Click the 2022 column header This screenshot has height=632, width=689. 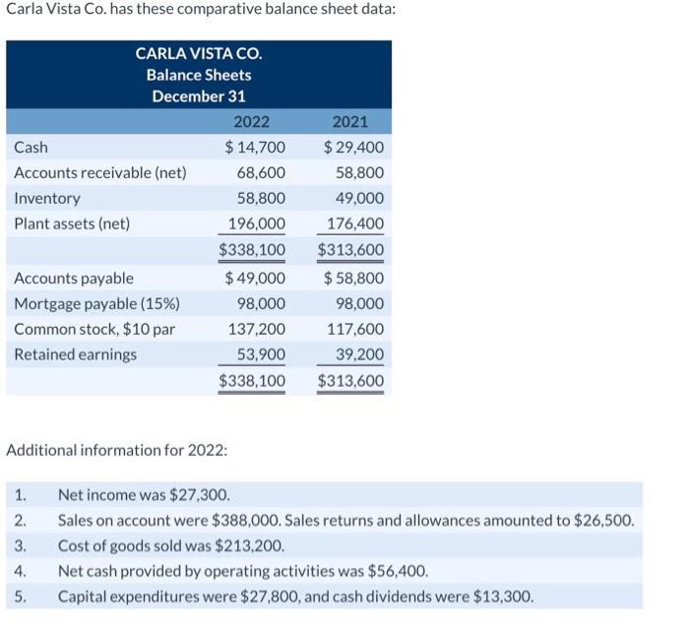tap(251, 122)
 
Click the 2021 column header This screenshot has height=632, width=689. tap(350, 122)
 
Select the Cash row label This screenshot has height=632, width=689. tap(31, 148)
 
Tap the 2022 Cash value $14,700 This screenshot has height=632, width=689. tap(255, 148)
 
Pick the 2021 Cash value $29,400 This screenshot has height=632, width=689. tap(353, 148)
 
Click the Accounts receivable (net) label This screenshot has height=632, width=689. tap(100, 173)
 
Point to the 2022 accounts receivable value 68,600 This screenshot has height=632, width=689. tap(261, 173)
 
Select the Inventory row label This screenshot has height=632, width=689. tap(47, 198)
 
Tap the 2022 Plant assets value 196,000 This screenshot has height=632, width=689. tap(257, 223)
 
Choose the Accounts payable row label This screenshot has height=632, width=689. tap(74, 279)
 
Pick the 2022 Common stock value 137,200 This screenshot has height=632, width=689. tap(257, 329)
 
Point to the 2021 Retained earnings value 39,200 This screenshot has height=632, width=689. tap(359, 354)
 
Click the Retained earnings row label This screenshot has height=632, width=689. tap(76, 354)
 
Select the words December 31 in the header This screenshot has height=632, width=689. tap(199, 96)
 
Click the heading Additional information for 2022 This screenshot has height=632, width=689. tap(117, 450)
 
